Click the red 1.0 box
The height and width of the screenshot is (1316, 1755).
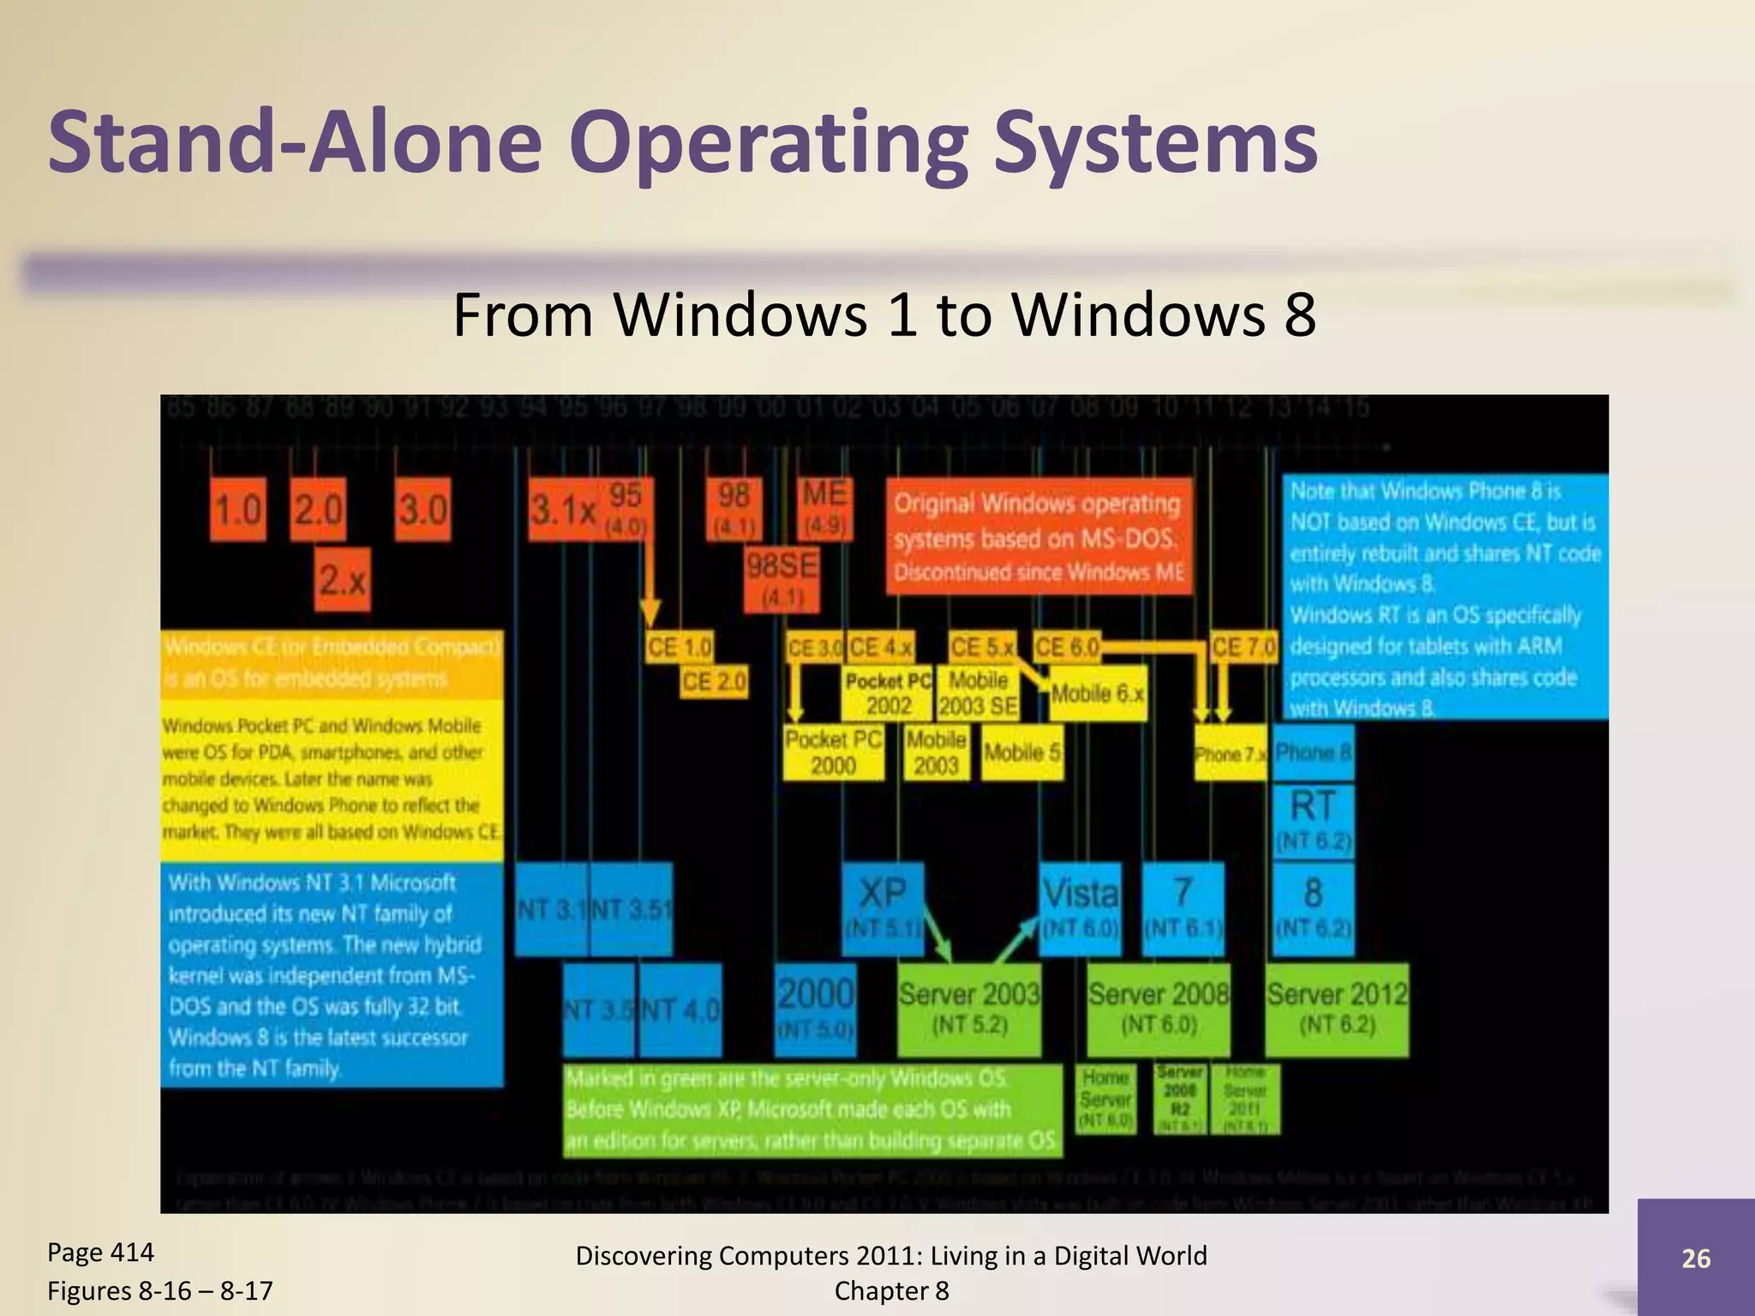point(237,510)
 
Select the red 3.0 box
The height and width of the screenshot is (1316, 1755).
point(422,510)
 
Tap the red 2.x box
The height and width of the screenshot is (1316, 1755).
point(343,580)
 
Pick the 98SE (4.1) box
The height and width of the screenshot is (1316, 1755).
point(781,579)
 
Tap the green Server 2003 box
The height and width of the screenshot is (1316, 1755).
point(969,1008)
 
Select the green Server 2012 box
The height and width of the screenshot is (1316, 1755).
point(1337,1008)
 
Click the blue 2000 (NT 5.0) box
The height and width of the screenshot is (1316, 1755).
point(816,1008)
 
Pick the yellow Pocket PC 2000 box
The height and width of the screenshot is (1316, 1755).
point(833,752)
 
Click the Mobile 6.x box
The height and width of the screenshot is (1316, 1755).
point(1098,693)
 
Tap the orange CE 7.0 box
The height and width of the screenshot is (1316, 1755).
point(1243,647)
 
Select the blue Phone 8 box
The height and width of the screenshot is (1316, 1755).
point(1313,752)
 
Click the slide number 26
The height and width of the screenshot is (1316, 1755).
point(1696,1258)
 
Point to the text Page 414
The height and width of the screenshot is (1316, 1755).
point(100,1253)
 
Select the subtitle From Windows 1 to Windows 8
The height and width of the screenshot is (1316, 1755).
point(883,314)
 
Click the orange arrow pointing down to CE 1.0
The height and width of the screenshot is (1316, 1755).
point(650,591)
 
